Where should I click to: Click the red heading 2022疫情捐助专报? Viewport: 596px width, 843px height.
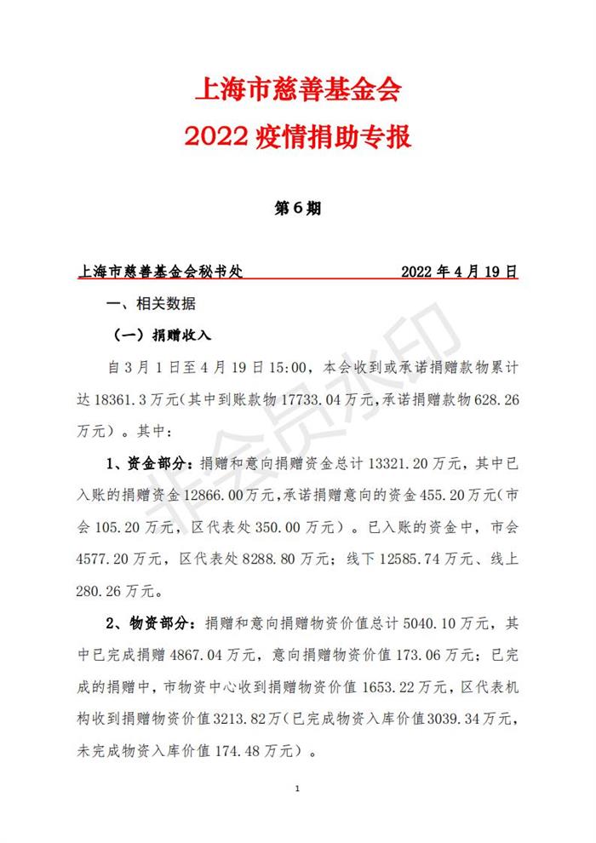[297, 137]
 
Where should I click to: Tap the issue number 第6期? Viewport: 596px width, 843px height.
[297, 209]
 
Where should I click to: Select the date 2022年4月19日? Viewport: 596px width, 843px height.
[459, 272]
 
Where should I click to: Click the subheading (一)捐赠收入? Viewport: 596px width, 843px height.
[163, 335]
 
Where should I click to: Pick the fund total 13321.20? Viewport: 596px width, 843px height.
[400, 463]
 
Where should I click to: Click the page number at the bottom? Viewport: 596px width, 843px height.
[297, 789]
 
